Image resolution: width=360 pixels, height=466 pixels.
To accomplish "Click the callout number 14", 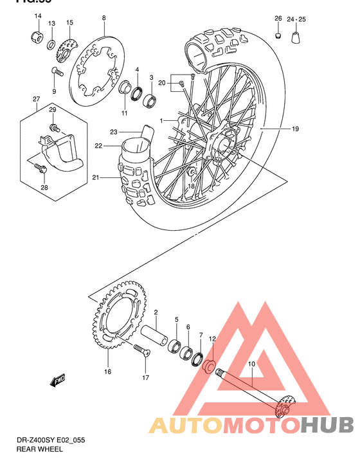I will [x=37, y=16].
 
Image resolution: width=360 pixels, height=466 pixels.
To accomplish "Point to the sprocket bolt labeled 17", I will [x=141, y=350].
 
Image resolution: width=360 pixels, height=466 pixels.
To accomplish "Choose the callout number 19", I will [x=295, y=129].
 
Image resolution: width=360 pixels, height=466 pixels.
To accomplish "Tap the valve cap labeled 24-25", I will [x=297, y=38].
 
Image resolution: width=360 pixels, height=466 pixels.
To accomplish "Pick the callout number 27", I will [x=37, y=98].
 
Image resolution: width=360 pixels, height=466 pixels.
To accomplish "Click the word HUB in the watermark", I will [x=327, y=426].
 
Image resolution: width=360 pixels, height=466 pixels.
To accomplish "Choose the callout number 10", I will [x=251, y=364].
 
